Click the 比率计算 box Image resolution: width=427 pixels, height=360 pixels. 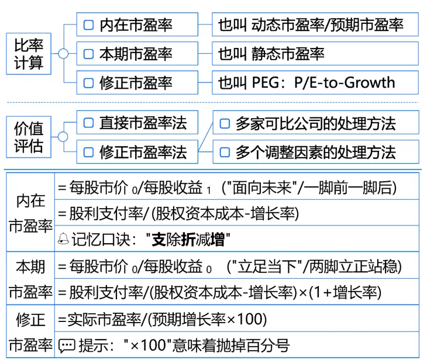29,53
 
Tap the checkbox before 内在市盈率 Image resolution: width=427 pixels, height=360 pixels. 89,25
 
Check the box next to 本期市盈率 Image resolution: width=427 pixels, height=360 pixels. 89,54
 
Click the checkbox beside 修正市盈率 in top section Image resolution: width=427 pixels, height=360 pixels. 89,82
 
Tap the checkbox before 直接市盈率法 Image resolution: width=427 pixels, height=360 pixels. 89,123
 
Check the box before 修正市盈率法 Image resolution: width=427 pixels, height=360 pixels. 89,153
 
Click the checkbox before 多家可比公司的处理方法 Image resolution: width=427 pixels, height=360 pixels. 224,124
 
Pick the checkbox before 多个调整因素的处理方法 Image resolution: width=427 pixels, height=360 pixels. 224,153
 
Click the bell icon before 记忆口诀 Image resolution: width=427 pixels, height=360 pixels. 63,239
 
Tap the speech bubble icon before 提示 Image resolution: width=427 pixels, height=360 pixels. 67,345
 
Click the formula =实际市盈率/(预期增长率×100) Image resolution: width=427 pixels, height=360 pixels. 163,319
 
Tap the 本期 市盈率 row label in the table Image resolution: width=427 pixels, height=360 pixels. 30,279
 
